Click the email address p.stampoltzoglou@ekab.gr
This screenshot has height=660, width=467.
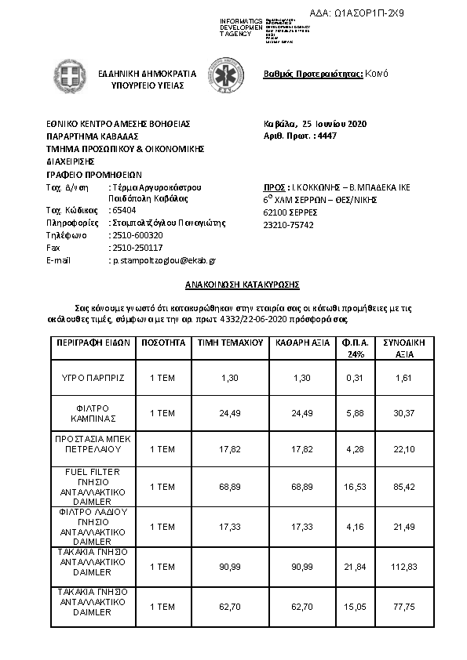(164, 259)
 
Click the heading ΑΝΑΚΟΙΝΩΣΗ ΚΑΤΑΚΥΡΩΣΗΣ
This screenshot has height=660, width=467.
(232, 285)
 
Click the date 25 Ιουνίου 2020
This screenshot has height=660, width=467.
(334, 124)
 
